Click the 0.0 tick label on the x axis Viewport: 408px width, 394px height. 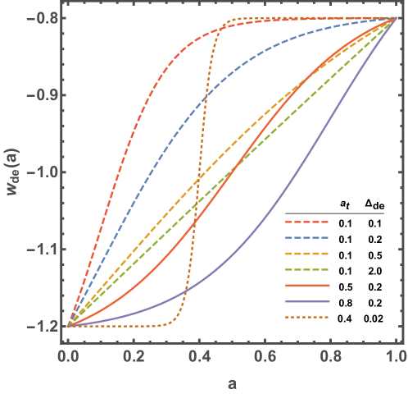coord(68,358)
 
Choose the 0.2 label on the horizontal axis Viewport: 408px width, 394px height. coord(134,358)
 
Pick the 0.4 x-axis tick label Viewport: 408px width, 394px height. coord(199,358)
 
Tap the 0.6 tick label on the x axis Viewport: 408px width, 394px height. coord(265,358)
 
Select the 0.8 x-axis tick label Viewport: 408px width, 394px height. coord(331,358)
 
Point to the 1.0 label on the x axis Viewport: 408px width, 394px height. coord(396,358)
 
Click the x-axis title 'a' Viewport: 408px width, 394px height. coord(232,382)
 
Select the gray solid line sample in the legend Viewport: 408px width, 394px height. coord(334,213)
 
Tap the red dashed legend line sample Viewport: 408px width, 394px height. coord(307,222)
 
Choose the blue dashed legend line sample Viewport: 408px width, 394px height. coord(307,237)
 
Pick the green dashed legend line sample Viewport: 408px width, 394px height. coord(307,269)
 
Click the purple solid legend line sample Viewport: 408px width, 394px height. coord(307,301)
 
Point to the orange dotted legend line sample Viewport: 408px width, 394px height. coord(307,317)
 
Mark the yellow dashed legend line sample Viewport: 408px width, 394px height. coord(307,254)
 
